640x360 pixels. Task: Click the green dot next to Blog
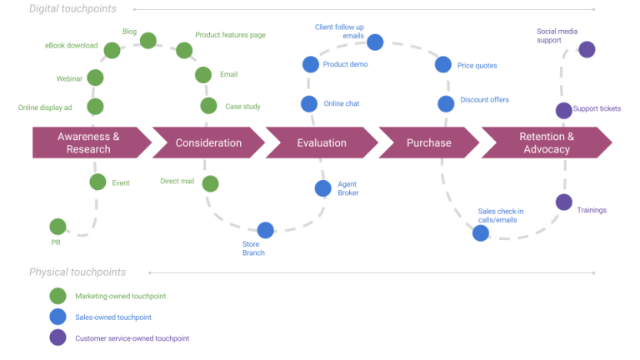pyautogui.click(x=148, y=40)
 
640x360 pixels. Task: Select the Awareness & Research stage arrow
pyautogui.click(x=87, y=142)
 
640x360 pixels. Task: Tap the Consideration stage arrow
pyautogui.click(x=207, y=142)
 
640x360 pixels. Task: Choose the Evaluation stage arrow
pyautogui.click(x=321, y=142)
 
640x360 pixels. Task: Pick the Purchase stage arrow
pyautogui.click(x=428, y=142)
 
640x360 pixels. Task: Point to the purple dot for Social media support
pyautogui.click(x=587, y=49)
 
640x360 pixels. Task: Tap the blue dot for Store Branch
pyautogui.click(x=265, y=230)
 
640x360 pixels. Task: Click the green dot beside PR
pyautogui.click(x=57, y=226)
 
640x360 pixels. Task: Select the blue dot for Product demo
pyautogui.click(x=310, y=64)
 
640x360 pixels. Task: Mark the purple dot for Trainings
pyautogui.click(x=563, y=202)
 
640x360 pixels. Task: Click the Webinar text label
pyautogui.click(x=69, y=78)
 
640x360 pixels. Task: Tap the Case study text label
pyautogui.click(x=242, y=107)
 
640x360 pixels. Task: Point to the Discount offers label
pyautogui.click(x=484, y=100)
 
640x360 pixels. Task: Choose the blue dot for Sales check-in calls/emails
pyautogui.click(x=481, y=232)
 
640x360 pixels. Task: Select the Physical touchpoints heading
pyautogui.click(x=77, y=272)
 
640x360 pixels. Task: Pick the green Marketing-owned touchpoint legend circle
pyautogui.click(x=57, y=296)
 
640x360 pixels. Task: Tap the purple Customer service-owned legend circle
pyautogui.click(x=57, y=337)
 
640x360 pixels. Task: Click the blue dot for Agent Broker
pyautogui.click(x=323, y=188)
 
